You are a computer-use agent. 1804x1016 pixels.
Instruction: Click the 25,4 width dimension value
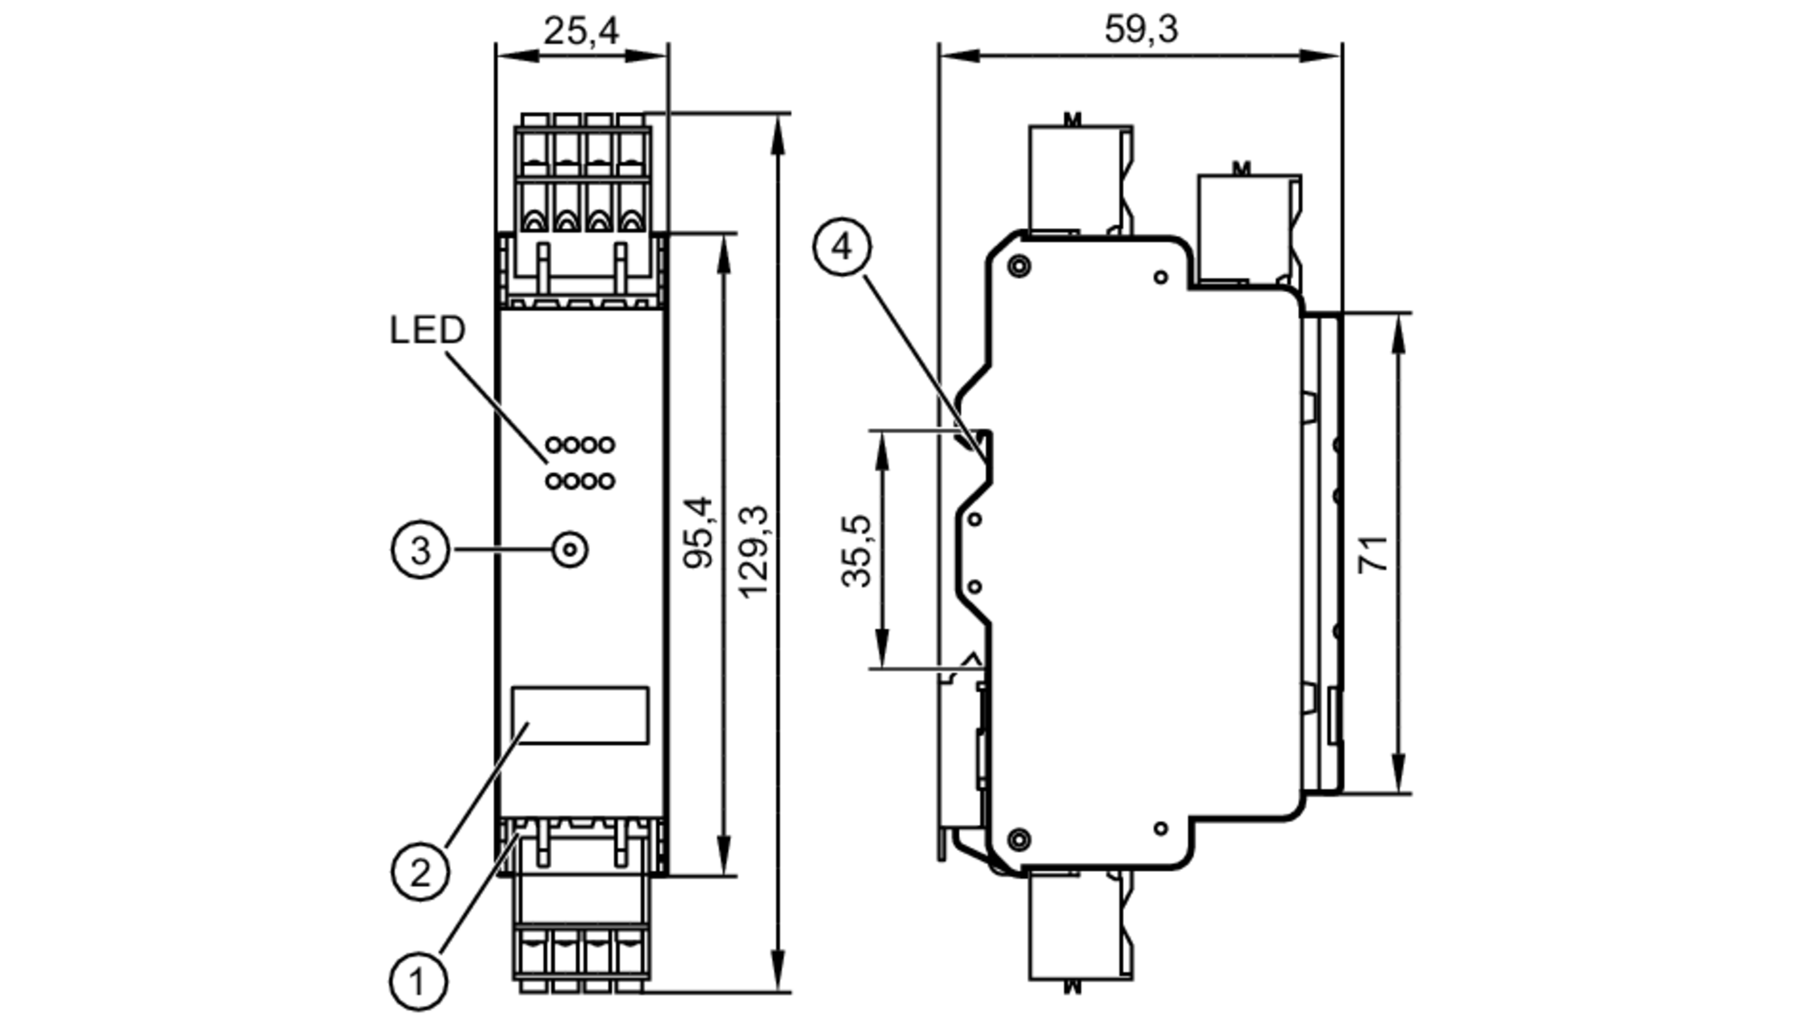click(581, 32)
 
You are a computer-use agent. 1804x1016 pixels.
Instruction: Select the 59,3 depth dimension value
click(1140, 30)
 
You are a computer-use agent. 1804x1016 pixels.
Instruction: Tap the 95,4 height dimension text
click(699, 532)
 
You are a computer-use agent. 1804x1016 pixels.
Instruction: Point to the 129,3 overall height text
click(754, 550)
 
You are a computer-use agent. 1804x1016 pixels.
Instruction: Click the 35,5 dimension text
click(858, 550)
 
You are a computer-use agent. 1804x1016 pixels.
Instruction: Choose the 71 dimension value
click(1373, 553)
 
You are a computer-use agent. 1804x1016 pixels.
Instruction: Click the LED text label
click(427, 330)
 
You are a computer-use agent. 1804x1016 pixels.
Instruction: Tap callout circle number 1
click(418, 981)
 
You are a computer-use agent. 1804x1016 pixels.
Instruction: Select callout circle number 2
click(419, 873)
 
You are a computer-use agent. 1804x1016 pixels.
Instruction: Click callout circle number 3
click(420, 550)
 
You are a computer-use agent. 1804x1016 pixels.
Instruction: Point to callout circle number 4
click(842, 246)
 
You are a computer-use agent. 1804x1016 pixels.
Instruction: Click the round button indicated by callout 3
click(569, 549)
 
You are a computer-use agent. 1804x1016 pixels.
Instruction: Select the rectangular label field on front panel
click(580, 715)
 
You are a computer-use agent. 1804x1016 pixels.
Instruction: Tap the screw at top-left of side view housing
click(1019, 266)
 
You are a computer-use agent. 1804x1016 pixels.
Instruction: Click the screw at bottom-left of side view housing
click(1018, 839)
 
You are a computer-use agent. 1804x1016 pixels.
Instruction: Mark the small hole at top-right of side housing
click(1161, 278)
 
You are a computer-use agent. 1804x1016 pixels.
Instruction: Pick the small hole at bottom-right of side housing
click(1161, 828)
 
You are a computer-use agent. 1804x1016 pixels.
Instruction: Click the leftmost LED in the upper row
click(553, 445)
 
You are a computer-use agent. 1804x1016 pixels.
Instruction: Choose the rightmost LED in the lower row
click(606, 481)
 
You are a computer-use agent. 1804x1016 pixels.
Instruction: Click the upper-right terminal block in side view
click(1249, 230)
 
